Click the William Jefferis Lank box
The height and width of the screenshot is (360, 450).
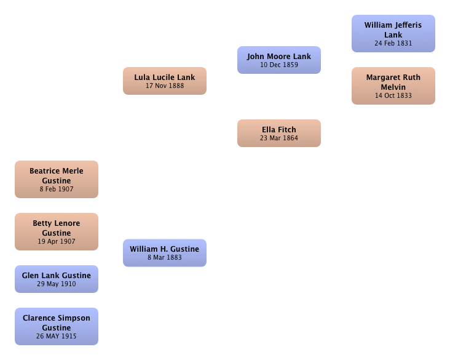393,34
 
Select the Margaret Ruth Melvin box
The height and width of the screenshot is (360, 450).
393,86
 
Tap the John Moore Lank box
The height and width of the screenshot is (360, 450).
279,60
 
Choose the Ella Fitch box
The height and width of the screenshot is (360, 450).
279,134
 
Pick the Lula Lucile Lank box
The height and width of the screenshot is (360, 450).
165,81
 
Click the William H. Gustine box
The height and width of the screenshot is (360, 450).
165,253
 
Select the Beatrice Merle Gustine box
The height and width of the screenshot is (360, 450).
57,179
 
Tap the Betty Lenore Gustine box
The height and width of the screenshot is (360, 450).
57,231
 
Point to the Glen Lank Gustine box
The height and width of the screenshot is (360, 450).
57,279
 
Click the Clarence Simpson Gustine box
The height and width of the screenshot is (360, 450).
57,326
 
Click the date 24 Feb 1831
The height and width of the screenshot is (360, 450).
393,43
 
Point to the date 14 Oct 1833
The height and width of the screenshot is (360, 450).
393,95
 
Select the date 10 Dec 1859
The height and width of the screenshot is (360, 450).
279,65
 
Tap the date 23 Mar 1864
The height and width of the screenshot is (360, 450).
279,138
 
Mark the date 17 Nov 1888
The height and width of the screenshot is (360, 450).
165,86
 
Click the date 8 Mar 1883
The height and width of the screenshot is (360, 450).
165,258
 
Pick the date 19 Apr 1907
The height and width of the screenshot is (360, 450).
57,242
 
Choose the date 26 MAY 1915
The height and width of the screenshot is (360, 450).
57,336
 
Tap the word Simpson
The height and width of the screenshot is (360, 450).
73,318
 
